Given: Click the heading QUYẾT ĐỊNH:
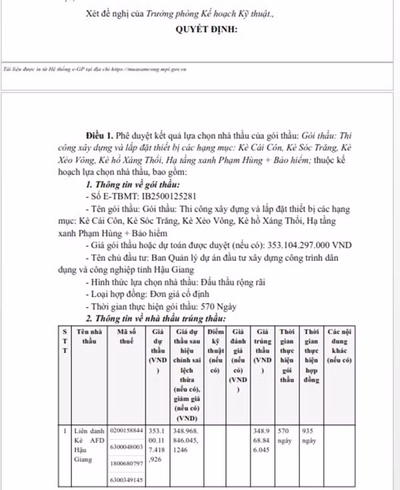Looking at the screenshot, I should [206, 30].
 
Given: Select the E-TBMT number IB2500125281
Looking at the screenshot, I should [169, 196].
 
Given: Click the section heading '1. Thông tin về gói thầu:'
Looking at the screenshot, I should [133, 184].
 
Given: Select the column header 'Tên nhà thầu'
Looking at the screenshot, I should [89, 336].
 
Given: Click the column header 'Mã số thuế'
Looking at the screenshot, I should [131, 336].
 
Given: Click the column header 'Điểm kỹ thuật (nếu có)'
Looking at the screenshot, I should [215, 350].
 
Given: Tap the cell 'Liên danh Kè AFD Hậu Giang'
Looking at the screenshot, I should [87, 445].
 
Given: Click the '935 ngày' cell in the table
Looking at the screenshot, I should [309, 436].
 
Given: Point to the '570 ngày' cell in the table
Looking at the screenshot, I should [286, 436].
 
